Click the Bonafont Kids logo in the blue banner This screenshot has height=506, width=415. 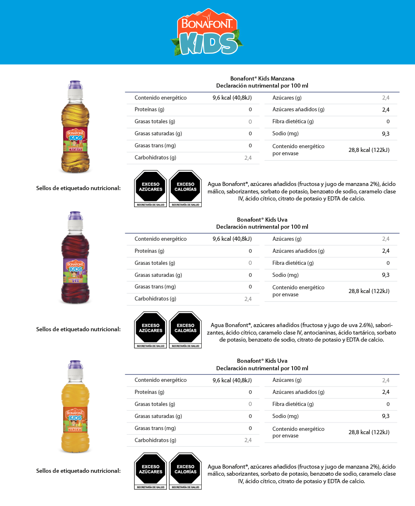(206, 32)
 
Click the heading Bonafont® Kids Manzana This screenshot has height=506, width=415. (262, 78)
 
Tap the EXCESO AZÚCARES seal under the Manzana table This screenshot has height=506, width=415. (151, 188)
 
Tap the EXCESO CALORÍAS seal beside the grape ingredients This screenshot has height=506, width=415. (185, 329)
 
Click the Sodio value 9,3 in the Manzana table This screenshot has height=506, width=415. (386, 134)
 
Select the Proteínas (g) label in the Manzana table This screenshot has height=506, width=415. (149, 110)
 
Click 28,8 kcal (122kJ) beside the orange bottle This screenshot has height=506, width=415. (369, 432)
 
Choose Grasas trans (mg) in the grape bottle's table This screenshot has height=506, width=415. (155, 287)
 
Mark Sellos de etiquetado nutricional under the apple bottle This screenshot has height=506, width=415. (78, 188)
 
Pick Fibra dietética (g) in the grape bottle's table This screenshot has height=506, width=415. (293, 263)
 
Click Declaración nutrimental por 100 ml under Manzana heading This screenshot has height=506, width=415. (262, 86)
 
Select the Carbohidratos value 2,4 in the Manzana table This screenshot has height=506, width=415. (248, 158)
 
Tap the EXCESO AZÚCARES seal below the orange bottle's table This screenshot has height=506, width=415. (151, 470)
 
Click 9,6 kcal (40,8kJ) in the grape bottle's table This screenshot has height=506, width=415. (232, 239)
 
